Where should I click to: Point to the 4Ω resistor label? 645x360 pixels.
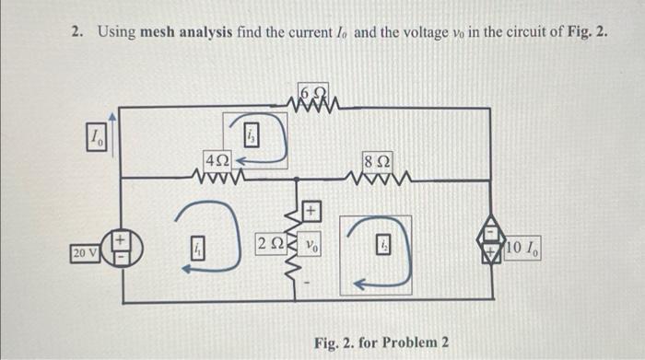tap(218, 159)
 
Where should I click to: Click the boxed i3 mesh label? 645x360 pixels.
tap(252, 136)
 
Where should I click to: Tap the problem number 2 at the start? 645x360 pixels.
tap(76, 33)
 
